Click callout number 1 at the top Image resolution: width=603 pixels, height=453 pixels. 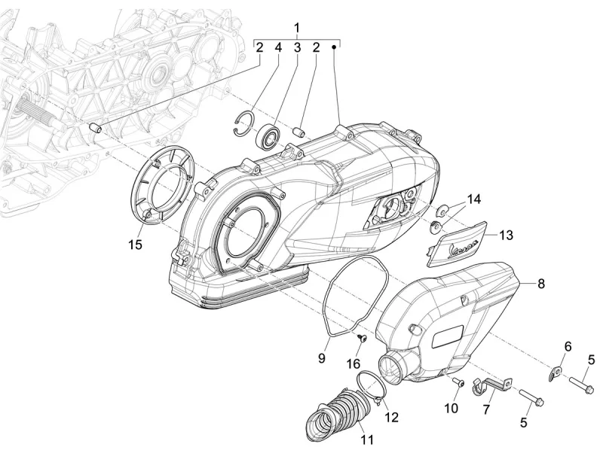coord(297,28)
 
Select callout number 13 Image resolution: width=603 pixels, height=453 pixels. coord(505,236)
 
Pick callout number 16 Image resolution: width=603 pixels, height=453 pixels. coord(354,364)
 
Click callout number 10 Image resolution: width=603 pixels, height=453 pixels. coord(450,409)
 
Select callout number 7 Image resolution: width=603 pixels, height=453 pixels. coord(486,410)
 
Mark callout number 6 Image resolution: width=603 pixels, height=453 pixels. coord(568,345)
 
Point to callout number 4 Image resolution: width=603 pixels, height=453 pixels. coord(278,47)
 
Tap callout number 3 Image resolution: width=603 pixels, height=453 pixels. coord(297,47)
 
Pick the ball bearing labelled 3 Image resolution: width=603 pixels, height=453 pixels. coord(268,138)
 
